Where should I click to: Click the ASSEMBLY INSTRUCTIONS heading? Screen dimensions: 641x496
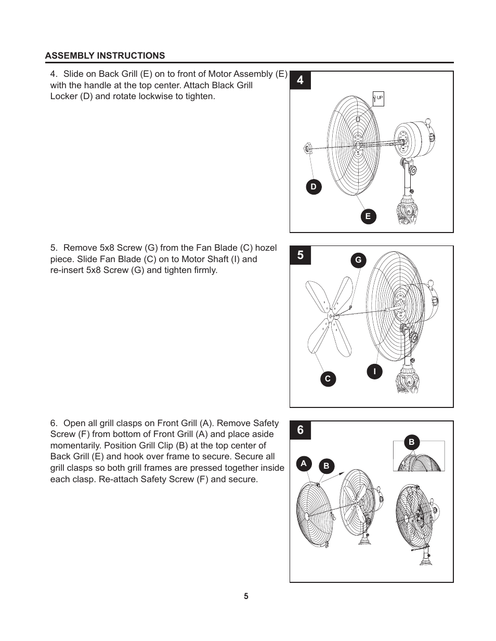tap(105, 56)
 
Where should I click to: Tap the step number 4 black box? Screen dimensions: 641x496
tap(301, 81)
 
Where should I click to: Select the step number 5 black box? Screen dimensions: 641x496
tap(301, 256)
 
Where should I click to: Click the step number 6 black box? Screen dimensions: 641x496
tap(301, 431)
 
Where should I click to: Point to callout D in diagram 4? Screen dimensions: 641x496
tap(314, 187)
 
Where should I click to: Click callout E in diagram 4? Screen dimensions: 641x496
tap(368, 216)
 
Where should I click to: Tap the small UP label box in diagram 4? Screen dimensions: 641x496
tap(378, 98)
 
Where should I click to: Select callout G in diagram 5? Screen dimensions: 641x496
tap(358, 260)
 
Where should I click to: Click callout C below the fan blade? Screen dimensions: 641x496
tap(328, 379)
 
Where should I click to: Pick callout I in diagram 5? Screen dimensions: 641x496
tap(374, 371)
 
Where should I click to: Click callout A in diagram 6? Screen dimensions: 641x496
tap(304, 463)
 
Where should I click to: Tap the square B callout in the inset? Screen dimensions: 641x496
tap(412, 443)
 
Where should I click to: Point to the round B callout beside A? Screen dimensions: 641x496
tap(327, 466)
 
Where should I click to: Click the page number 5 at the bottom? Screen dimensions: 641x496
tap(246, 596)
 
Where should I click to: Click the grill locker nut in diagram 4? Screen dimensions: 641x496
tap(307, 149)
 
